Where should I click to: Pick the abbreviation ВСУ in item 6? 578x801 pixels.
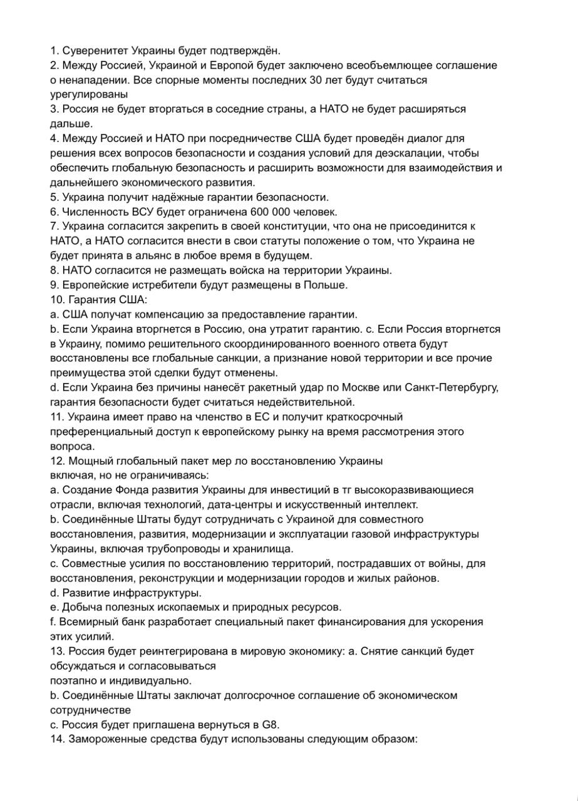(130, 212)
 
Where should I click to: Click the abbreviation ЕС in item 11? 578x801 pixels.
(262, 417)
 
